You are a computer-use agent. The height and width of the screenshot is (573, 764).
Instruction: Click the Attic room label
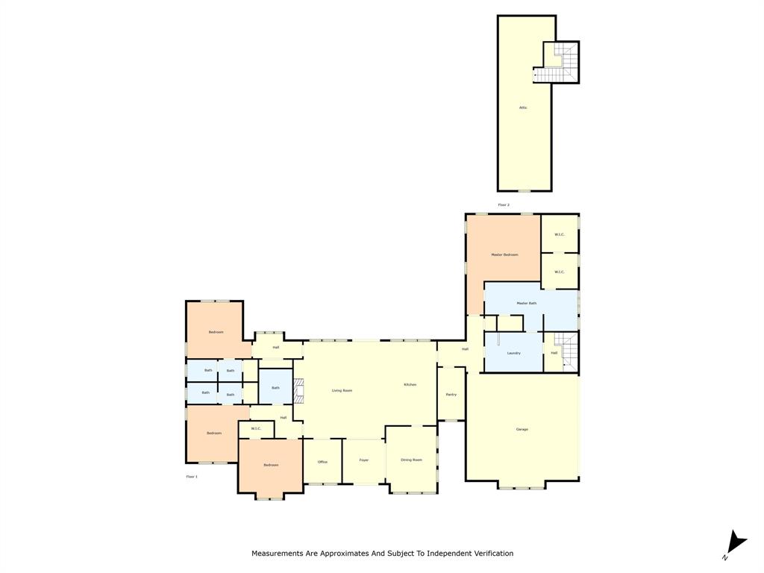pyautogui.click(x=523, y=107)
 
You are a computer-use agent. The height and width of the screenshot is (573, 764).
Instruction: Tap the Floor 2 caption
pyautogui.click(x=504, y=204)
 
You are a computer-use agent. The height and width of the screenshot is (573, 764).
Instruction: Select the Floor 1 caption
pyautogui.click(x=192, y=476)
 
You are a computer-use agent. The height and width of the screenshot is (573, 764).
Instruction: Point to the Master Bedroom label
pyautogui.click(x=504, y=254)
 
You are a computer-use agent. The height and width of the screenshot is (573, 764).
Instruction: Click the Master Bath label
pyautogui.click(x=527, y=303)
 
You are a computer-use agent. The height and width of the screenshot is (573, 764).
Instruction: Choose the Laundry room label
pyautogui.click(x=513, y=353)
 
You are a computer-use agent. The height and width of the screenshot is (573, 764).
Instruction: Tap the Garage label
pyautogui.click(x=522, y=429)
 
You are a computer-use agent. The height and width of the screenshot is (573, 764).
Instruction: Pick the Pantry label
pyautogui.click(x=451, y=394)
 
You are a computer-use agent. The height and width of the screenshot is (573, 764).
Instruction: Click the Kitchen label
pyautogui.click(x=410, y=384)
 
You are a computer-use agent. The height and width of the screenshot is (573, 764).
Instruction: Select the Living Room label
pyautogui.click(x=342, y=390)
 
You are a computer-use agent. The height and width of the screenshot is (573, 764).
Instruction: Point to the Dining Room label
pyautogui.click(x=411, y=460)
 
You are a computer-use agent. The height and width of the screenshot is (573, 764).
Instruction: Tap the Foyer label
pyautogui.click(x=364, y=460)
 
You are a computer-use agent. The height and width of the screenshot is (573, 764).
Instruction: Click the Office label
pyautogui.click(x=322, y=462)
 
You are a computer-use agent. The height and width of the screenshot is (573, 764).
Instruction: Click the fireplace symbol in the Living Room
pyautogui.click(x=298, y=390)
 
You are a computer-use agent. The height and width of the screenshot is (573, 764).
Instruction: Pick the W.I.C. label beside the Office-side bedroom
pyautogui.click(x=256, y=428)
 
